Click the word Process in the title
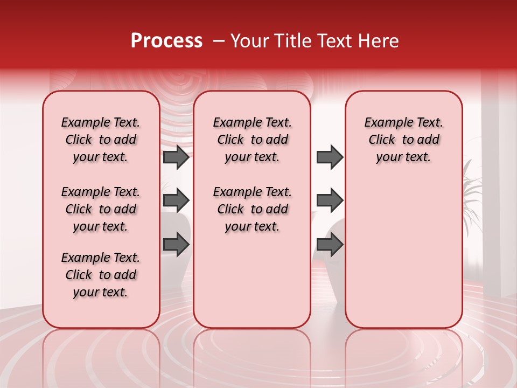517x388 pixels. click(166, 41)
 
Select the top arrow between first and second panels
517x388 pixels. click(176, 157)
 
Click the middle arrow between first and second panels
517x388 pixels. click(176, 201)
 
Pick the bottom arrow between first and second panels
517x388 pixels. click(176, 244)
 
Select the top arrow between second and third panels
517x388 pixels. click(330, 157)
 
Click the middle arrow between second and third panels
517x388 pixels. click(330, 201)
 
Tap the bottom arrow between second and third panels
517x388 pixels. click(330, 244)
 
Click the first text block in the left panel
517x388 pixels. click(101, 140)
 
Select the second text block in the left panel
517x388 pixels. click(101, 209)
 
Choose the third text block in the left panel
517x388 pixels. click(101, 275)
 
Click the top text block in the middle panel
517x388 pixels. click(252, 140)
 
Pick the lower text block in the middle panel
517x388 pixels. click(252, 209)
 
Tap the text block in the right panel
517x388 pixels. click(403, 140)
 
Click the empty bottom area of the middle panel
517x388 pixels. click(252, 286)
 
